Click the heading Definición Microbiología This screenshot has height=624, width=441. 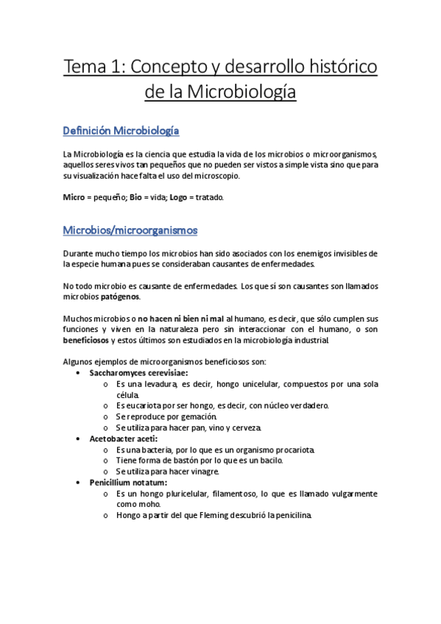(x=121, y=131)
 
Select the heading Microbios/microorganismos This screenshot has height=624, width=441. (x=130, y=230)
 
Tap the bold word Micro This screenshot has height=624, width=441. (x=74, y=198)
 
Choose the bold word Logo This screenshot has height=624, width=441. (x=179, y=198)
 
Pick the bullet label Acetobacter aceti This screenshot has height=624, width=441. (x=123, y=439)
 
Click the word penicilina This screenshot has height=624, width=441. (x=292, y=515)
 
